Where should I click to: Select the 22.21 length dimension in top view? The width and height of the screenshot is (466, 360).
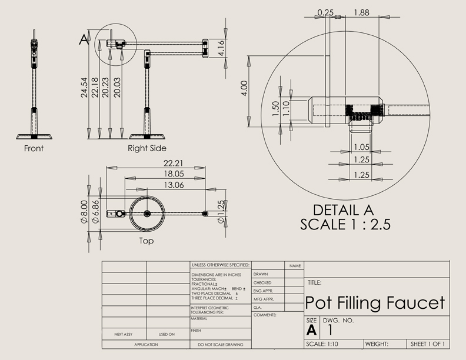click(156, 162)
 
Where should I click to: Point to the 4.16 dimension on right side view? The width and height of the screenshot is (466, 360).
click(221, 48)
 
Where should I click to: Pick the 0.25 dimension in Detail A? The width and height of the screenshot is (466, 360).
click(324, 12)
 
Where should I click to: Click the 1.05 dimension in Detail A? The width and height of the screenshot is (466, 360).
click(362, 147)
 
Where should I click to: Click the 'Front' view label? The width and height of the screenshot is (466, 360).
click(34, 149)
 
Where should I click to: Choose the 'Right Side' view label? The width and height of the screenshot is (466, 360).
click(147, 148)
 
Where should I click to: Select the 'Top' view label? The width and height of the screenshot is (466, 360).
click(146, 241)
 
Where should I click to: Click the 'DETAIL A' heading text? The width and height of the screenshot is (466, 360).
click(344, 210)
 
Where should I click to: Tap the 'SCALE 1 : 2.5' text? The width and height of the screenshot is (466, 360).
click(345, 224)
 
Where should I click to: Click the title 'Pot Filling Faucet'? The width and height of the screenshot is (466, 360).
click(375, 303)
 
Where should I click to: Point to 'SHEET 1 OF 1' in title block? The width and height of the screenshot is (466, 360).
click(428, 344)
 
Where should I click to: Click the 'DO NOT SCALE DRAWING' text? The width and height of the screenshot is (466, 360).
click(220, 344)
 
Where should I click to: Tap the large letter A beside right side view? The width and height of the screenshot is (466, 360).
click(84, 39)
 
